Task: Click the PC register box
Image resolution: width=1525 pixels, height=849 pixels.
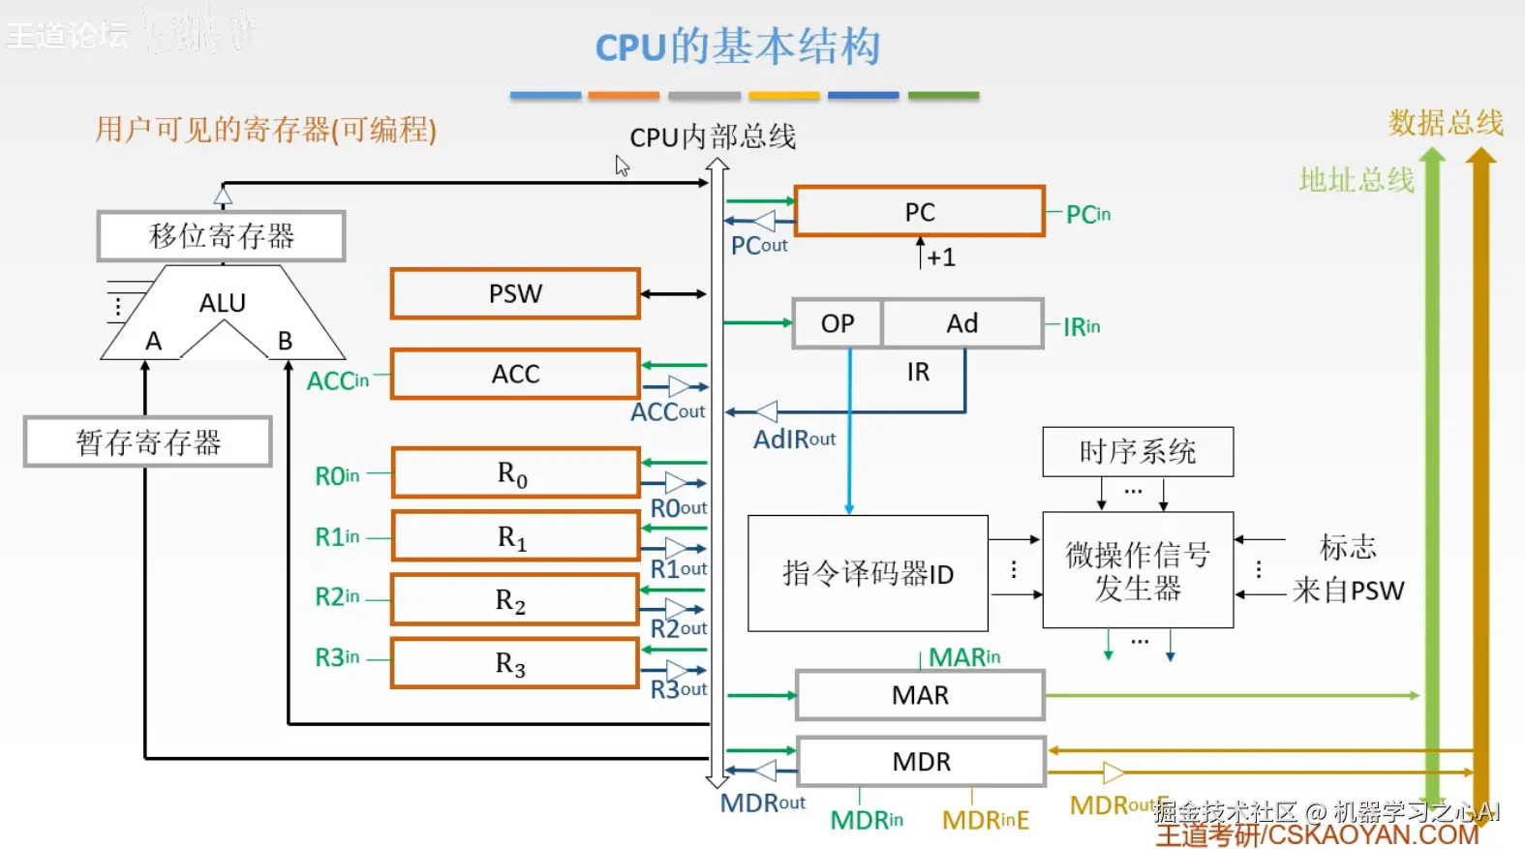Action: (919, 212)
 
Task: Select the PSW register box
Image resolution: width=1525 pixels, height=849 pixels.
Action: (515, 293)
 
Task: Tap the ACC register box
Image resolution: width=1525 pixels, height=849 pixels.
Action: (515, 374)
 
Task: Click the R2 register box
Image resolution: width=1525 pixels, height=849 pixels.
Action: (513, 601)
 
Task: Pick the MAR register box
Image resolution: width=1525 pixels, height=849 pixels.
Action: (920, 695)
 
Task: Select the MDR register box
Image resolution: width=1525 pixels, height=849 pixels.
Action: (921, 762)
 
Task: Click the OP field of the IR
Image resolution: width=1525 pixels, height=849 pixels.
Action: (838, 323)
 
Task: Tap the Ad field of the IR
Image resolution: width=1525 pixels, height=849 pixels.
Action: (961, 323)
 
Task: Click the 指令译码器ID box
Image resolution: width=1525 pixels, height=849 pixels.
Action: (868, 574)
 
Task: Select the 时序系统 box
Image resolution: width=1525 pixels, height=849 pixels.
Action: (1138, 452)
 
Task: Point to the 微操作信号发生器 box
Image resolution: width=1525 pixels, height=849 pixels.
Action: (1138, 571)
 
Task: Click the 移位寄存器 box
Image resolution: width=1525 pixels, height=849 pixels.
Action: (222, 236)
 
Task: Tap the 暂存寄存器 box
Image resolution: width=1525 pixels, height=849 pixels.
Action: (148, 442)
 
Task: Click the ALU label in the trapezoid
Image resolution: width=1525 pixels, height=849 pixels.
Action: (223, 303)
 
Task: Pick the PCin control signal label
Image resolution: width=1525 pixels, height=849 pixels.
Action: (1087, 214)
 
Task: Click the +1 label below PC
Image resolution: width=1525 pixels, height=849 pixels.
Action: (940, 258)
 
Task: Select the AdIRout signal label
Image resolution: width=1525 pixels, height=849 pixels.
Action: (794, 440)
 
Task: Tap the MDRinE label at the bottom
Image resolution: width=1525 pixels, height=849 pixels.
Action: (985, 820)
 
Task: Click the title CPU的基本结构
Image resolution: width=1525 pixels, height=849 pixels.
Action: (738, 46)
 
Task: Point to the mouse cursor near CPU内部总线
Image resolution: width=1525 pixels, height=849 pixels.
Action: (621, 166)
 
